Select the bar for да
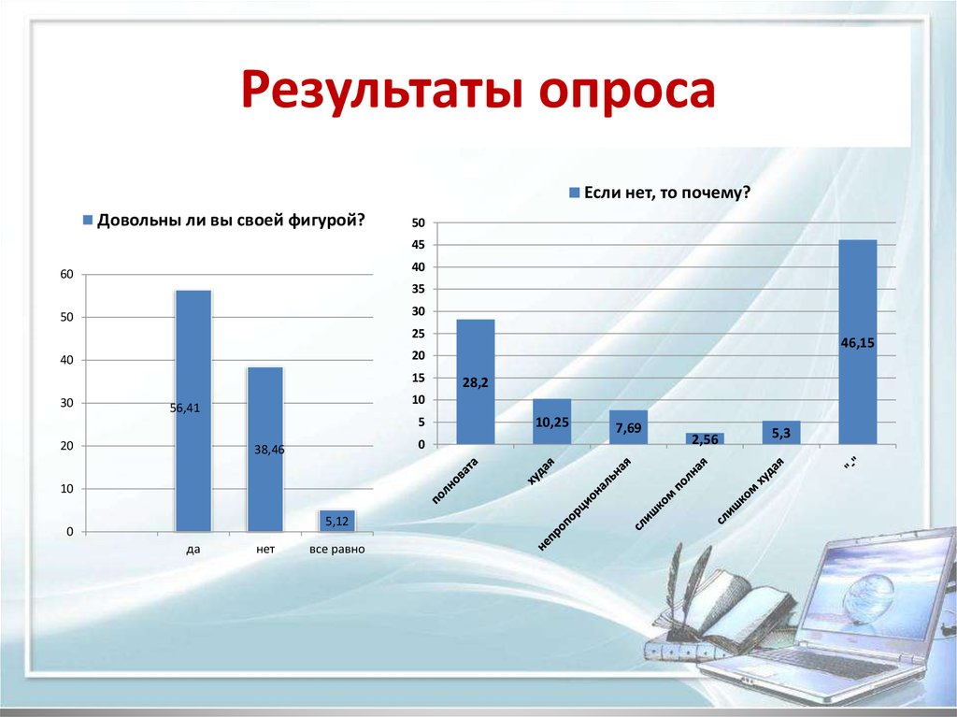(x=193, y=411)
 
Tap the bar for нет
(x=264, y=450)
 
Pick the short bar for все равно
(x=336, y=521)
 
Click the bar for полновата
(x=475, y=381)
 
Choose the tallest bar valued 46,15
(x=858, y=341)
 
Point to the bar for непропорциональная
(x=628, y=427)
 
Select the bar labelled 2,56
(x=705, y=438)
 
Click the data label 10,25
(x=552, y=423)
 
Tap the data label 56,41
(x=185, y=408)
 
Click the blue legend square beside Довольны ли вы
(x=88, y=221)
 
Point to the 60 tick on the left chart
(x=66, y=274)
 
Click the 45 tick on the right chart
(x=418, y=245)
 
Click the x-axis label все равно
(x=336, y=549)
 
